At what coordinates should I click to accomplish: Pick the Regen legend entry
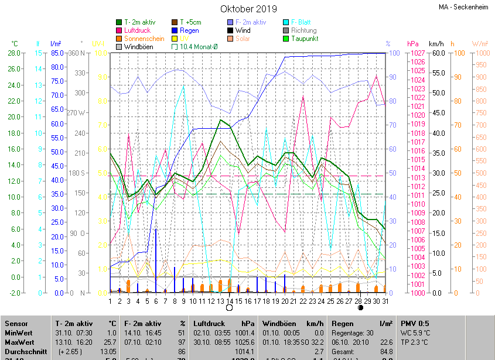coord(189,30)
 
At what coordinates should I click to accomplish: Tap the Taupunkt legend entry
coord(305,39)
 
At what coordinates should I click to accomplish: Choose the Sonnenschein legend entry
coord(144,39)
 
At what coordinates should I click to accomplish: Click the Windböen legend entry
coord(138,47)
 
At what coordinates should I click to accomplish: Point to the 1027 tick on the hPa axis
coord(417,53)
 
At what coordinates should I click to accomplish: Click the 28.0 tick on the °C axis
coord(14,53)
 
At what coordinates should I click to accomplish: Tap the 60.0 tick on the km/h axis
coord(437,53)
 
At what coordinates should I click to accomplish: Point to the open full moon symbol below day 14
coord(229,308)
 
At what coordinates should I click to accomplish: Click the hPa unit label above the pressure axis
coord(413,44)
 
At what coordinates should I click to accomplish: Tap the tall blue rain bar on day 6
coord(156,260)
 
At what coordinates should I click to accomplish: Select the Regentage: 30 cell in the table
coord(353,332)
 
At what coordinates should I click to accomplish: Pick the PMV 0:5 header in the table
coord(415,323)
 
